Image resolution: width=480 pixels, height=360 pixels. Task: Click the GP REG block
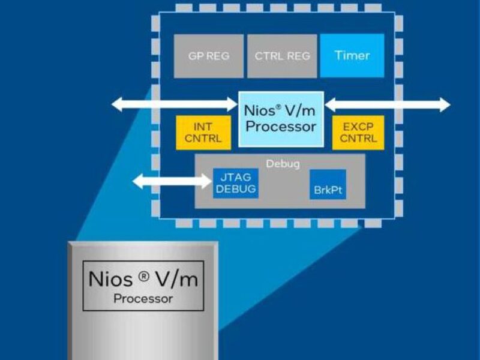click(208, 56)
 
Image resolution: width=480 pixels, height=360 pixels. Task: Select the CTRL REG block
click(282, 56)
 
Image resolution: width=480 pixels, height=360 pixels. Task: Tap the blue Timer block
click(352, 56)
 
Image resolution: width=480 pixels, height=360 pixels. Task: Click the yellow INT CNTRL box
click(203, 133)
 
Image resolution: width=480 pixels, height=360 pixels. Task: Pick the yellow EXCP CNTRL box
click(358, 133)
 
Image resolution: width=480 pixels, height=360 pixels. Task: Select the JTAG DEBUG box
click(236, 183)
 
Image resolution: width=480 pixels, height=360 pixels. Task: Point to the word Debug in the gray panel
click(280, 163)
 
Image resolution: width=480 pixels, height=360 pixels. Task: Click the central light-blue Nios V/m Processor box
click(281, 119)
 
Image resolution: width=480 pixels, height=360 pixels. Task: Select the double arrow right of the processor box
click(387, 104)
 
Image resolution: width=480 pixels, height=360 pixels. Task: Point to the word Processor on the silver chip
click(143, 298)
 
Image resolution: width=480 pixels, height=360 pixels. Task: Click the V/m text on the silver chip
click(176, 279)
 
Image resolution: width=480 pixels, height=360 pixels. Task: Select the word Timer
click(352, 56)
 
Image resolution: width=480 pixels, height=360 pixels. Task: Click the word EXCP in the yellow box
click(358, 127)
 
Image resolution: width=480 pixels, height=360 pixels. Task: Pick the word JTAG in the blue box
click(236, 178)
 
